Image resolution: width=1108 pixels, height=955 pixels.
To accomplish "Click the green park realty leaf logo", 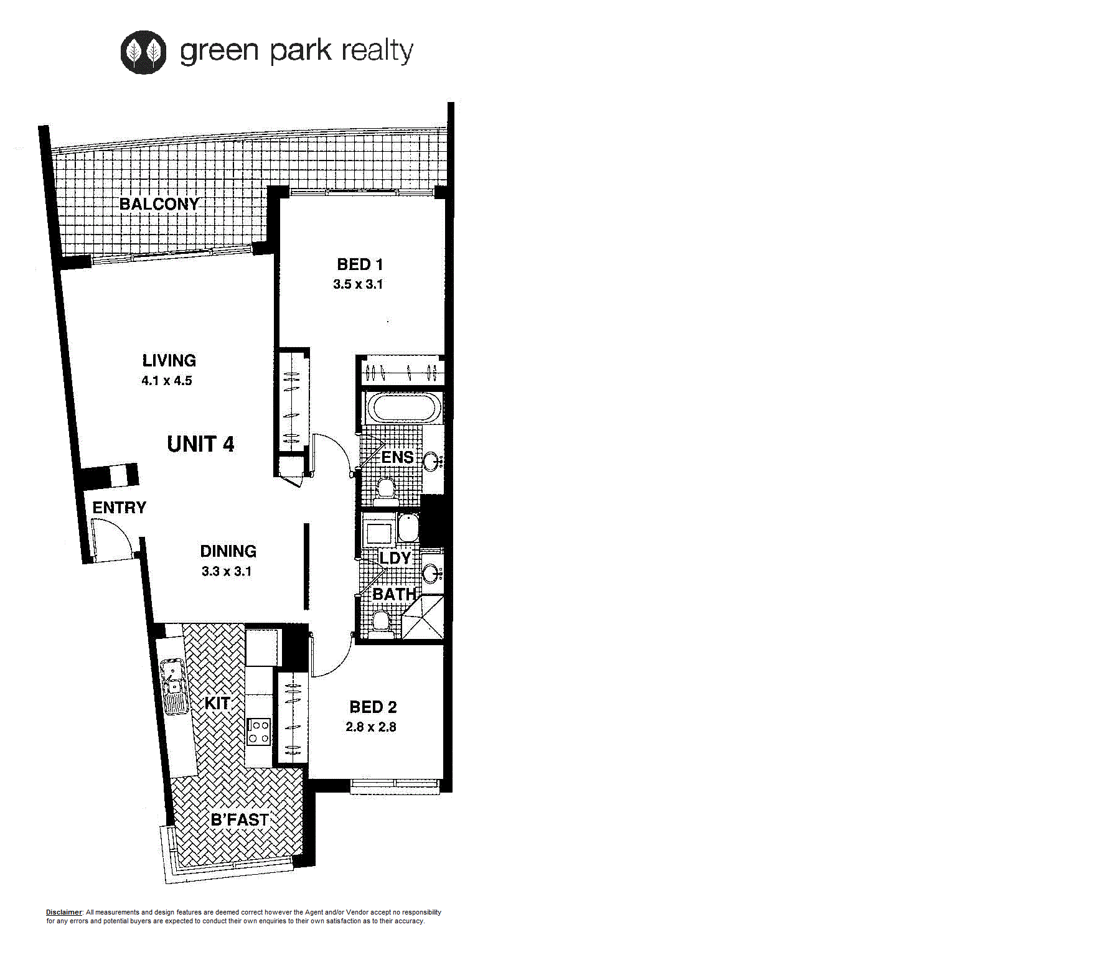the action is click(x=143, y=52).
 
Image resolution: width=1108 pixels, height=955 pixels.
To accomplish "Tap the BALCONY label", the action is click(x=159, y=204).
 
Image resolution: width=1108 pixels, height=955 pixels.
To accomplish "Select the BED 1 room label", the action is click(x=360, y=264).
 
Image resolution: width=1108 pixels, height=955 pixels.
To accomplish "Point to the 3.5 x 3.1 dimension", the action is click(x=358, y=284).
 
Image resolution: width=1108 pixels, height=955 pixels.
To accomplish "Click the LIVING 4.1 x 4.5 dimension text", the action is click(x=167, y=381).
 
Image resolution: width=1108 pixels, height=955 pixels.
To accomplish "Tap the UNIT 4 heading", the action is click(x=200, y=444).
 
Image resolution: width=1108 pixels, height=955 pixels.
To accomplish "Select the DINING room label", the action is click(x=228, y=551).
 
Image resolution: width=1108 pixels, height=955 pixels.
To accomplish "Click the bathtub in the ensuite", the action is click(x=403, y=408).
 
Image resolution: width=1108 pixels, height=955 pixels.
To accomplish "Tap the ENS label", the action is click(x=397, y=457).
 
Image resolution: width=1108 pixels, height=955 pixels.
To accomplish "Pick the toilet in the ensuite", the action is click(x=387, y=489).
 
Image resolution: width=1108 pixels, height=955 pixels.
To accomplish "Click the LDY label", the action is click(x=395, y=558).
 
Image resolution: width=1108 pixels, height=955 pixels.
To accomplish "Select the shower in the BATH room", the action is click(x=423, y=617).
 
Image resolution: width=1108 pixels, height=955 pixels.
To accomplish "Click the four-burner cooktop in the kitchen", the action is click(x=258, y=732).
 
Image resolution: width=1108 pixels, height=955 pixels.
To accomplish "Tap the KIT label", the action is click(x=218, y=703).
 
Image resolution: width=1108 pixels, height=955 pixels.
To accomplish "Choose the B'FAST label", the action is click(x=240, y=820).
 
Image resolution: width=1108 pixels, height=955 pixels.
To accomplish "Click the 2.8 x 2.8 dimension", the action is click(x=371, y=727).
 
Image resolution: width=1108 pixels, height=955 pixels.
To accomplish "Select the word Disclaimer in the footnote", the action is click(x=64, y=912).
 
